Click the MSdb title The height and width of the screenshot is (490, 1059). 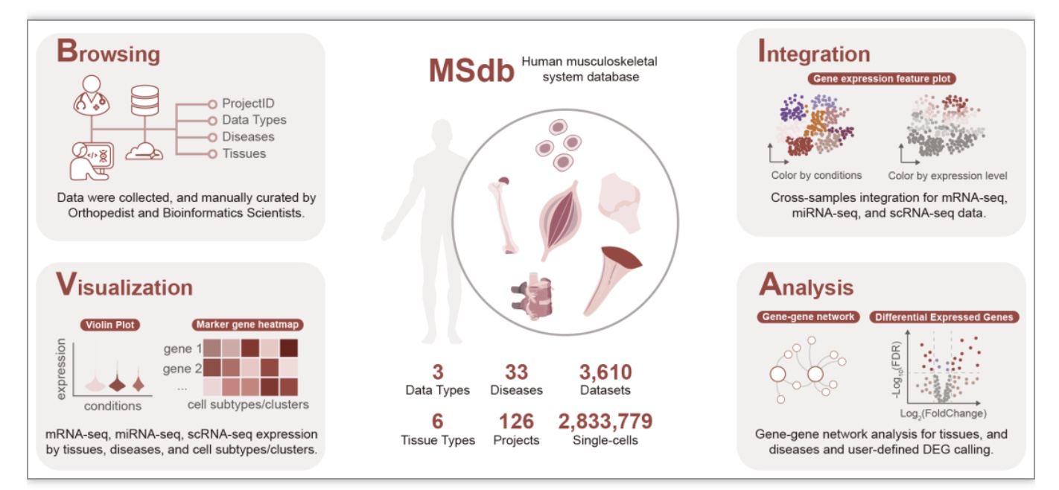point(471,71)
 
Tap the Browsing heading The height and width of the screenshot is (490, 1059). point(108,51)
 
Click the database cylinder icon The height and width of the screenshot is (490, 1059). point(144,101)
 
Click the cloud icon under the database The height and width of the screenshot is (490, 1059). point(144,152)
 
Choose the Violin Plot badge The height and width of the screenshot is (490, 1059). point(110,325)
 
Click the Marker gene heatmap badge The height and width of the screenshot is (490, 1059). point(247,325)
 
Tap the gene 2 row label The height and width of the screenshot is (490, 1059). point(182,369)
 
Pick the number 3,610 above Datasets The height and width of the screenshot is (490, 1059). point(605,372)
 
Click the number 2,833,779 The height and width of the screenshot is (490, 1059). point(605,421)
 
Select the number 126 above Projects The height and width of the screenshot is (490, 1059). point(516,421)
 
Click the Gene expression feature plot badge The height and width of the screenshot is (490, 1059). point(882,78)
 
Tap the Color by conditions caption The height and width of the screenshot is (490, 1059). point(816,175)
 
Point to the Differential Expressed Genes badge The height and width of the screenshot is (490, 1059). point(944,317)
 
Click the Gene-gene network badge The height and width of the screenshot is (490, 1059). point(809,316)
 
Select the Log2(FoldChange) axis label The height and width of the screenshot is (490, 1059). point(943,414)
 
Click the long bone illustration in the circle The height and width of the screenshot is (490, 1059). point(503,215)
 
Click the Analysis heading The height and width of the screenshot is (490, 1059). point(806,285)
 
